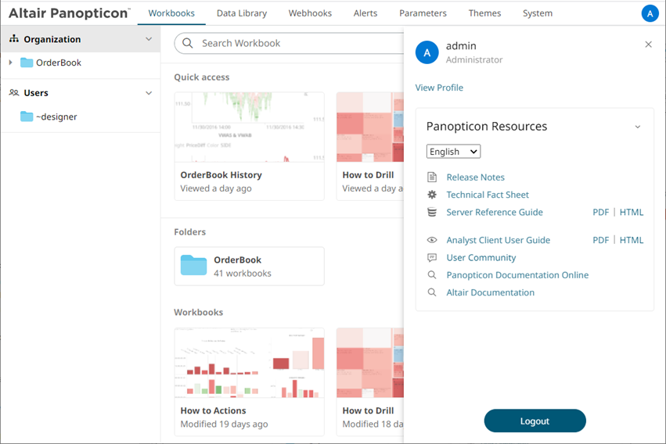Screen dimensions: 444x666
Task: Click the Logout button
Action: [x=535, y=421]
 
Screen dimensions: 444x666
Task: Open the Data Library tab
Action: [x=241, y=13]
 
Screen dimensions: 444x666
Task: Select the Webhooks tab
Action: [x=310, y=13]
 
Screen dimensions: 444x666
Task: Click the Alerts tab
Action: [x=365, y=13]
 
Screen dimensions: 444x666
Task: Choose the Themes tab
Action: [x=484, y=13]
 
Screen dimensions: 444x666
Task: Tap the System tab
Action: [x=537, y=13]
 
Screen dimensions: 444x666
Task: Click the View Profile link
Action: [x=439, y=88]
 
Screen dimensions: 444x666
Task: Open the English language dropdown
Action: [x=453, y=152]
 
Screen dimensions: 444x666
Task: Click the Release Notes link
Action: [x=475, y=177]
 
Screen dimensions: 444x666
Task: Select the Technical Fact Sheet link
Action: [x=488, y=195]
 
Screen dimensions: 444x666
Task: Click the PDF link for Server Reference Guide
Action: [x=600, y=212]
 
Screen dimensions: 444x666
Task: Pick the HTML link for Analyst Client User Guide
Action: [x=631, y=240]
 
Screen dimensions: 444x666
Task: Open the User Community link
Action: [x=481, y=257]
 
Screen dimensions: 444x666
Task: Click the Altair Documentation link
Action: [x=490, y=292]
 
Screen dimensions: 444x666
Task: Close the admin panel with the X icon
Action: [x=648, y=45]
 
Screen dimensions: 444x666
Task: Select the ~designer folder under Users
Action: [x=56, y=116]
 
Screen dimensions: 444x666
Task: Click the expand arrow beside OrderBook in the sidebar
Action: [x=10, y=63]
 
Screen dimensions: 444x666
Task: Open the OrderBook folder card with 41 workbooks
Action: [x=249, y=266]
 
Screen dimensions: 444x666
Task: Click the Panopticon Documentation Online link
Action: [x=517, y=275]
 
